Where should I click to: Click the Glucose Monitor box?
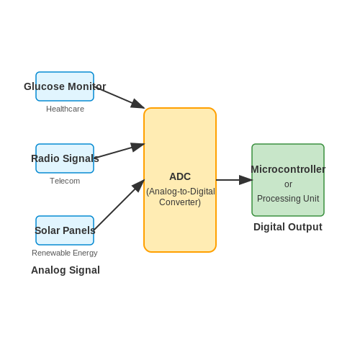click(x=65, y=86)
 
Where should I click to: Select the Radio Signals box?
click(x=65, y=158)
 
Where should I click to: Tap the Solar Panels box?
click(x=65, y=230)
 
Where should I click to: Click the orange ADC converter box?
click(x=180, y=180)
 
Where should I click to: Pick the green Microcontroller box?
click(x=288, y=180)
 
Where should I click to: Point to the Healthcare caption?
click(x=65, y=109)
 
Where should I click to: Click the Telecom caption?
click(x=65, y=181)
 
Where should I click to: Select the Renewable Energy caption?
click(x=65, y=253)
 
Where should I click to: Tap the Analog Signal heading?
click(x=66, y=270)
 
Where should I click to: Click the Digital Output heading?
click(x=288, y=227)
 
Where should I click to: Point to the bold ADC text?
click(x=180, y=176)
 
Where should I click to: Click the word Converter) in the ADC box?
click(x=180, y=202)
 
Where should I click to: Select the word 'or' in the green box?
click(x=288, y=184)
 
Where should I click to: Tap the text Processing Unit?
click(x=288, y=199)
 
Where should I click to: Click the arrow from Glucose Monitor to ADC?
click(x=120, y=98)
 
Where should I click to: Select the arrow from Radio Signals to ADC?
click(x=120, y=150)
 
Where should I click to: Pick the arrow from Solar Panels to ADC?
click(x=120, y=204)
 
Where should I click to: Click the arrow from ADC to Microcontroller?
click(x=234, y=180)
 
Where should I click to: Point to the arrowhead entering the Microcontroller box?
click(x=246, y=180)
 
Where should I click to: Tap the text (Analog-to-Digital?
click(x=181, y=192)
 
